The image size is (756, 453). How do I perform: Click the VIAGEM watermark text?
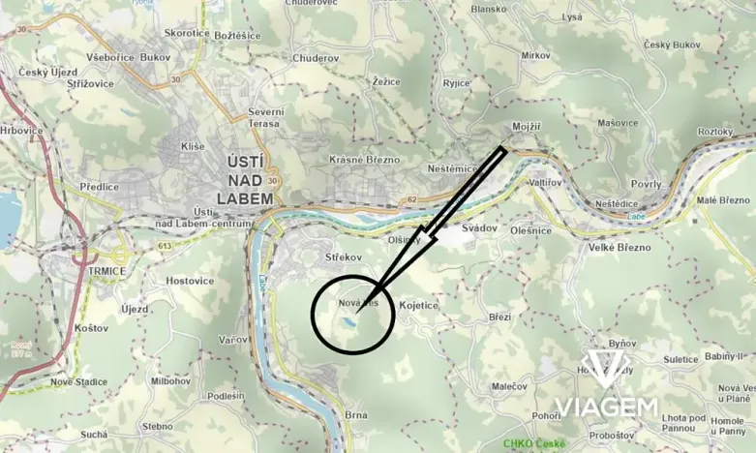click(x=606, y=407)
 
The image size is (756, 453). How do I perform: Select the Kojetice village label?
click(x=418, y=305)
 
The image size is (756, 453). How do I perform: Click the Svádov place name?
click(x=479, y=227)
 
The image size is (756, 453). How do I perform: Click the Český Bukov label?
click(x=672, y=45)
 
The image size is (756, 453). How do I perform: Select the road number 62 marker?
click(x=411, y=200)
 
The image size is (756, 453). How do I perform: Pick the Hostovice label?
click(x=189, y=281)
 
